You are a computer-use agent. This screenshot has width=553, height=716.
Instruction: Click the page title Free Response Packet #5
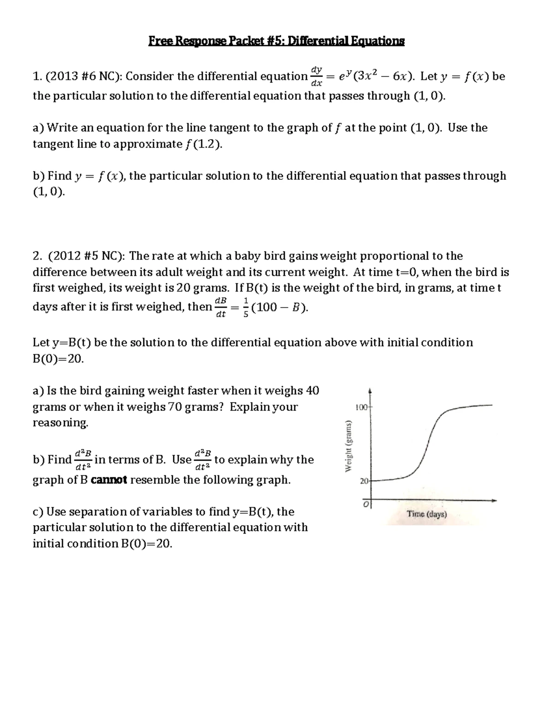(x=276, y=41)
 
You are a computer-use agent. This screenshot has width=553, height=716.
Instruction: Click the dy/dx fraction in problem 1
(x=316, y=76)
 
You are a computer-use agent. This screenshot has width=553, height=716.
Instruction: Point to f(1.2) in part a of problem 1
(x=203, y=144)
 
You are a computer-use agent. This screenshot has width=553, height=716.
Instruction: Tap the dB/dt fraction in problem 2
(x=221, y=308)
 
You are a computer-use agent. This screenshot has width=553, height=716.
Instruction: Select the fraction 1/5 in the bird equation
(x=246, y=308)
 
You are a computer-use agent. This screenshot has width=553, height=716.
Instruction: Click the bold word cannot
(x=109, y=480)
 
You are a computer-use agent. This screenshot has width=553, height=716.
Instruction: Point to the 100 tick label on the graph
(x=361, y=408)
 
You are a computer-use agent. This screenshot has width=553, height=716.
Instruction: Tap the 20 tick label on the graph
(x=364, y=481)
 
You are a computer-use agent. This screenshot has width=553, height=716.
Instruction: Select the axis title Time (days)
(x=427, y=515)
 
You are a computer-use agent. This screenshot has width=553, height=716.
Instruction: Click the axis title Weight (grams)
(x=349, y=446)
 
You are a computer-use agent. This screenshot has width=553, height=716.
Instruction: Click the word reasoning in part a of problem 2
(x=60, y=423)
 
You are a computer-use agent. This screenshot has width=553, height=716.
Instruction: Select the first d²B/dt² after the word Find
(x=83, y=460)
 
